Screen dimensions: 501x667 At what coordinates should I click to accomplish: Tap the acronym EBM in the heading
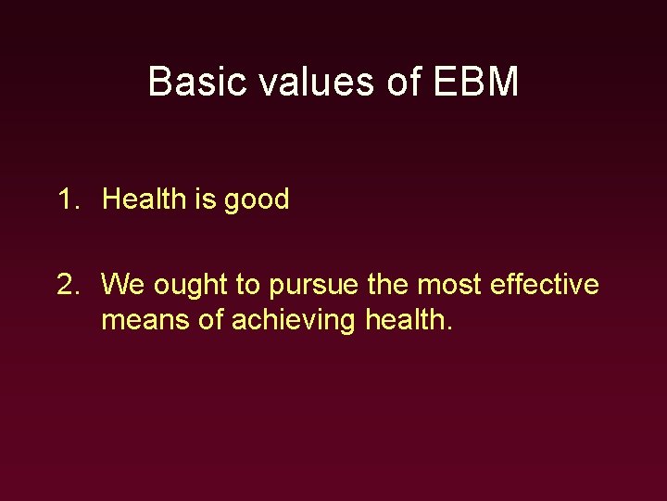point(475,82)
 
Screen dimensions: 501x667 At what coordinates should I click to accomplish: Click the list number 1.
point(68,199)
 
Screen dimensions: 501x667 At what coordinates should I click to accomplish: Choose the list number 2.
point(68,284)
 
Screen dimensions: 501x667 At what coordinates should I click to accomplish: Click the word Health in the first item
point(145,199)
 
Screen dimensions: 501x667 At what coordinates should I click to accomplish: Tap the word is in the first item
point(204,199)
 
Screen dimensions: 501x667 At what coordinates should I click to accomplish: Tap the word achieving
point(291,321)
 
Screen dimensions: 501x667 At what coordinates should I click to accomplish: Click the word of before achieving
point(208,320)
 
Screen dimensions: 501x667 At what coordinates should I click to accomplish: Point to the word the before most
point(387,284)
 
